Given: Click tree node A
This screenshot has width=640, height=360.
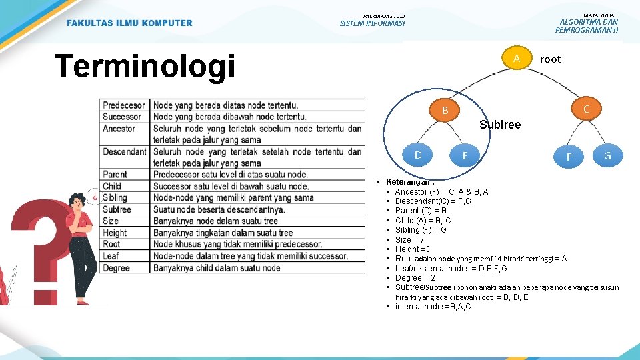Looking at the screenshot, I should (516, 59).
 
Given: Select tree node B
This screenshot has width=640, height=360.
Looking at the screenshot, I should (445, 110).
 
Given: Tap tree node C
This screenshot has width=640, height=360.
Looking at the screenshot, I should (585, 109).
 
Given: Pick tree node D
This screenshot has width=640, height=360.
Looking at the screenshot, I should (417, 155).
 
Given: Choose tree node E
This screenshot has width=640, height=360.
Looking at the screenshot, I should (465, 156).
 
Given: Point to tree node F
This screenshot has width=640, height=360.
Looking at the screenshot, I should (569, 157).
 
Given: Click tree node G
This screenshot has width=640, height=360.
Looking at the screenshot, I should (607, 156).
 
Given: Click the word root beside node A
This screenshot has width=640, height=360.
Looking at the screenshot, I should (550, 59).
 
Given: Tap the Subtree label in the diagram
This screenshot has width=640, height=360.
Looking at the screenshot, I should (500, 125).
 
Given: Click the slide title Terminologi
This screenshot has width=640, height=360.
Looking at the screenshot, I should (145, 67).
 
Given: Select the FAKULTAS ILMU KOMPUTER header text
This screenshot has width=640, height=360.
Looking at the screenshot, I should (129, 23).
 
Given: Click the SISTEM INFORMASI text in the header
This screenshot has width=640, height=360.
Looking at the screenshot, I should (372, 24).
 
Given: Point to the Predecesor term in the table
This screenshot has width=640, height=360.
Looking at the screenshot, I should (124, 105).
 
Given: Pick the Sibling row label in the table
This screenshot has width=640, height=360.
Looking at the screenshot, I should (115, 198).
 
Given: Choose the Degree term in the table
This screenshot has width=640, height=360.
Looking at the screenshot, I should (116, 267).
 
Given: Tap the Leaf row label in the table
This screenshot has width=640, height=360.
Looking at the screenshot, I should (111, 256).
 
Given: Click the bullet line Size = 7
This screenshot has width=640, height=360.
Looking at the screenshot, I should (409, 239).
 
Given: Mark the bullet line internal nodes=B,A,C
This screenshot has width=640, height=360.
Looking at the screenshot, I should (433, 307).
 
